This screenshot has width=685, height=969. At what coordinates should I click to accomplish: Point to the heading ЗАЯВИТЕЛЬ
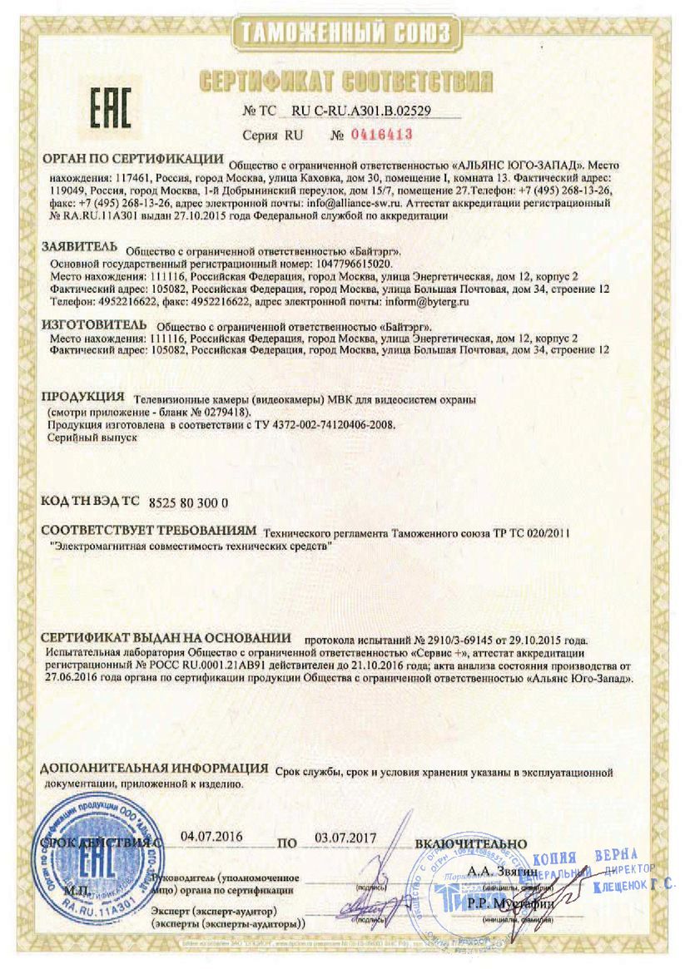(x=82, y=248)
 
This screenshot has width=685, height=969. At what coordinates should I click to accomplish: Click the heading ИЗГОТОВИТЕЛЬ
(x=94, y=324)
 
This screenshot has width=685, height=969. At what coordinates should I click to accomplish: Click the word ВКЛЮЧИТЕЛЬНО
(x=471, y=843)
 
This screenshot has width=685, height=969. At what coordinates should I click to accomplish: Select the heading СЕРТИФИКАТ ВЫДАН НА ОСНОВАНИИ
(x=166, y=638)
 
